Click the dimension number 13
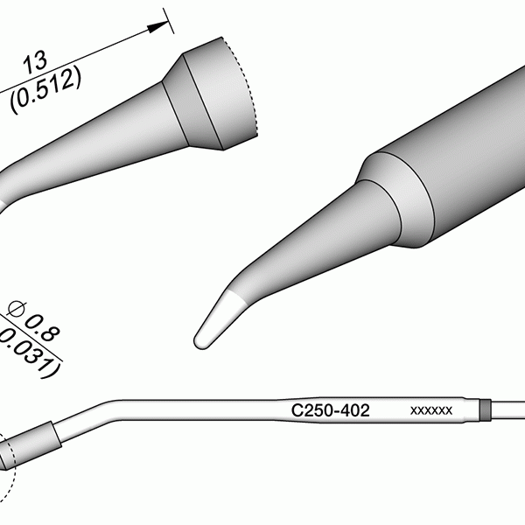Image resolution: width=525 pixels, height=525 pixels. [x=35, y=63]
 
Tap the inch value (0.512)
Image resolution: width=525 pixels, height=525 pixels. [x=45, y=89]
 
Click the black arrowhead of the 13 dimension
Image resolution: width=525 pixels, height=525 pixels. [x=157, y=26]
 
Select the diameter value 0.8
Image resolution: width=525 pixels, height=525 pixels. [x=42, y=328]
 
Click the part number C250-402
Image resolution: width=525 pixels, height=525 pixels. [x=330, y=410]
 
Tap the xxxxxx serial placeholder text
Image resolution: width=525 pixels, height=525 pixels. [x=431, y=410]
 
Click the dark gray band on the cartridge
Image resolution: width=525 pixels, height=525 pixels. [x=485, y=409]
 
